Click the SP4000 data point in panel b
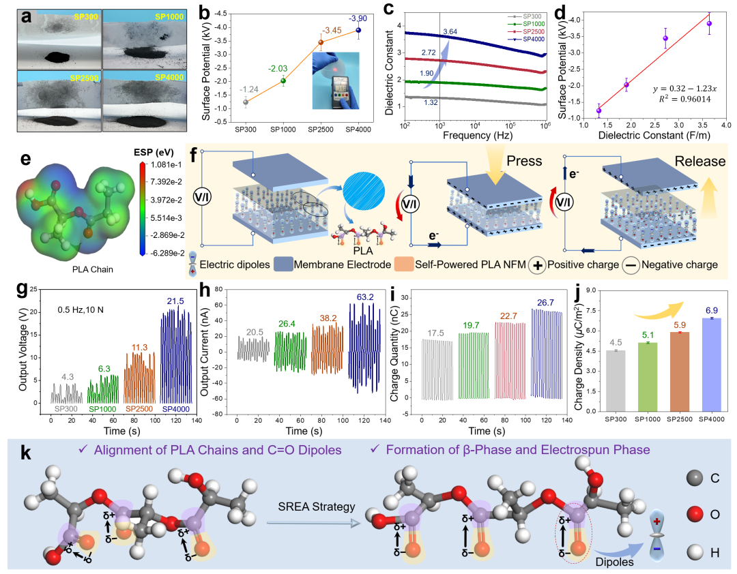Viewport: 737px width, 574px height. [x=358, y=30]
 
